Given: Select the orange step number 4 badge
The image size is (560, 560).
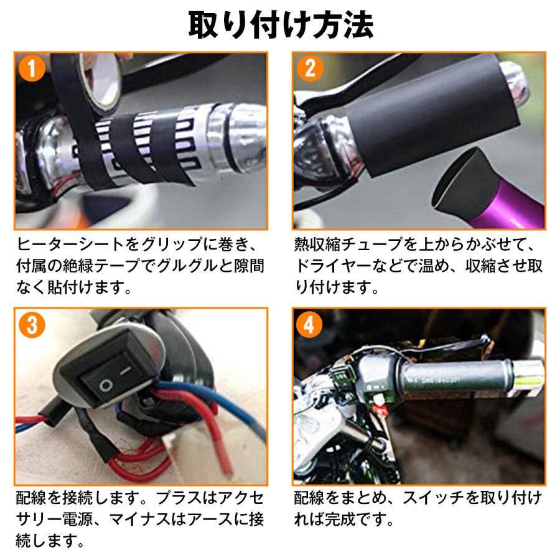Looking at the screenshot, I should point(309,324).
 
